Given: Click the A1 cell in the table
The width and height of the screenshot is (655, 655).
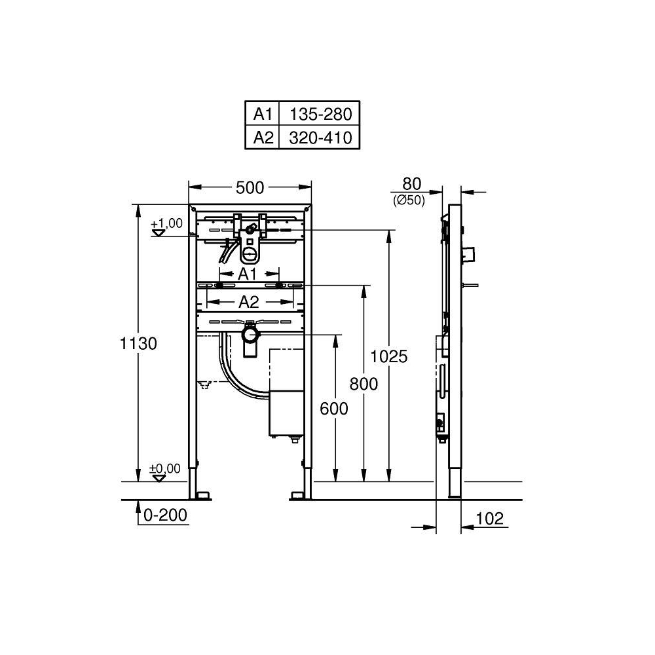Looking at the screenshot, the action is coord(262,113).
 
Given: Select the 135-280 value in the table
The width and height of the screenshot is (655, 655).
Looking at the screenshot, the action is coord(320,114).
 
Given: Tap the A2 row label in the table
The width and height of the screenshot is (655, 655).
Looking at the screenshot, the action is coord(263,137).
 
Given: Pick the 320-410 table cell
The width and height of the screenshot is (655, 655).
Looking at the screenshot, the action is coord(320,138).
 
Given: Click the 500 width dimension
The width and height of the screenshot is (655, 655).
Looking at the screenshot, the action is coord(250,188).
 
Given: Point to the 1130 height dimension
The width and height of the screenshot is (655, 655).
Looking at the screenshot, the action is coord(138,343).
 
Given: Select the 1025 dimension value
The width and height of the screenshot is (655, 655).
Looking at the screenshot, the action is coord(389,356).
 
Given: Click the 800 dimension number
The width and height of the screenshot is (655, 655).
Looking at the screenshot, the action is coord(364,384).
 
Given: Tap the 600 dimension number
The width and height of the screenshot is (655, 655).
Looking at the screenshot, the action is coord(334,409).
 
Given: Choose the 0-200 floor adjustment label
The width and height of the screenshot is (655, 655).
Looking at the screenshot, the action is coord(165,515).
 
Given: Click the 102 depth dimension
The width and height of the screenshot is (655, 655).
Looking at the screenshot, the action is coord(489,518).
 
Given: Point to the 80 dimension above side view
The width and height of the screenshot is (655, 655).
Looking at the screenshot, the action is coord(411,184).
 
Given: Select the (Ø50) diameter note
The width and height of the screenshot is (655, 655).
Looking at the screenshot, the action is coord(409,200).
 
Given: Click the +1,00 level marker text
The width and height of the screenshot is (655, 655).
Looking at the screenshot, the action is coord(166,223).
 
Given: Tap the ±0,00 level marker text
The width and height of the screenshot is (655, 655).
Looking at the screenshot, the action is coord(165,468).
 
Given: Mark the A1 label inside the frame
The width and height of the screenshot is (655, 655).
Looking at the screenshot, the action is coord(247,274).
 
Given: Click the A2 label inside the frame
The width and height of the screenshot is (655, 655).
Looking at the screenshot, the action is coord(248,301).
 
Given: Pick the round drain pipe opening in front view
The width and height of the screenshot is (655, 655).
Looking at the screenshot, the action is coord(250,334).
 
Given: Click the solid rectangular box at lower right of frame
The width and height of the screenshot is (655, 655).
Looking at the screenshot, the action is coord(286,413).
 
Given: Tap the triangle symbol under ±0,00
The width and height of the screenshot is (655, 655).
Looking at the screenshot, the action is coord(159,478).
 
